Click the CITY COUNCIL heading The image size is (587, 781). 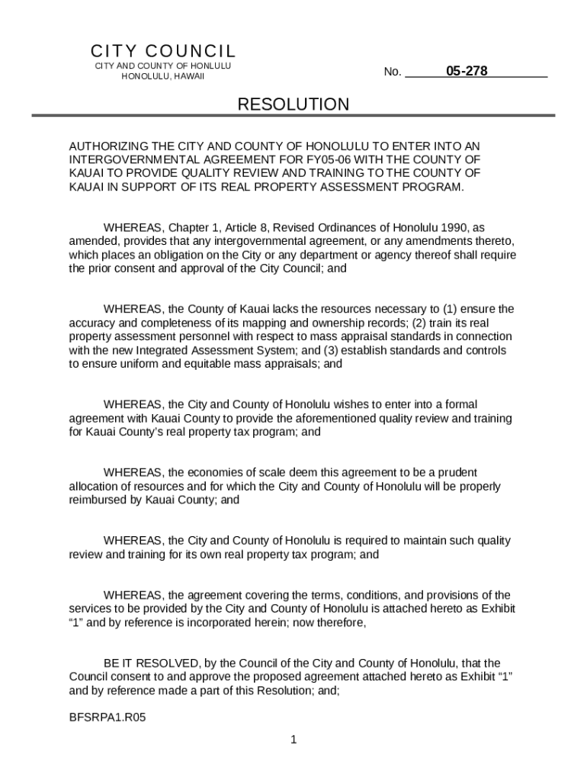[163, 51]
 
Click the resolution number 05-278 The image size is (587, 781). [467, 72]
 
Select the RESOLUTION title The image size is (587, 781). [293, 104]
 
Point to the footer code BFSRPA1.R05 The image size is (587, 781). [107, 718]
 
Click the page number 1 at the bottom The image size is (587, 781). [293, 740]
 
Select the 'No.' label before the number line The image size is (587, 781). [393, 72]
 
